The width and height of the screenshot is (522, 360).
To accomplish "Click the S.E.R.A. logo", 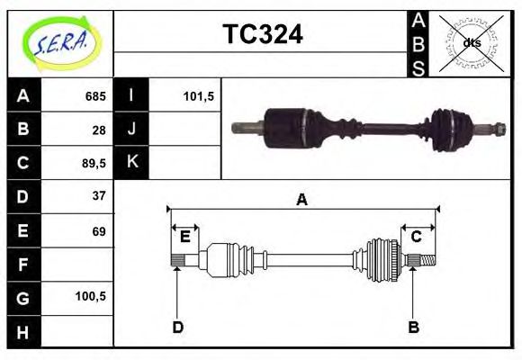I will click(x=59, y=42).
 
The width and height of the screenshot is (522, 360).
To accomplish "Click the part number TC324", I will click(x=262, y=34).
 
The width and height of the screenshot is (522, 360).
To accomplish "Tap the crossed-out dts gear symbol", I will click(x=472, y=42).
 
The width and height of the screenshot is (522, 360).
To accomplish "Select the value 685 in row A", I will click(x=95, y=96).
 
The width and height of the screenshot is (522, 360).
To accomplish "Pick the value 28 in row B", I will click(x=99, y=130).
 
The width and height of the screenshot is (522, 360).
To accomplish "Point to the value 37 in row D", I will click(x=99, y=196).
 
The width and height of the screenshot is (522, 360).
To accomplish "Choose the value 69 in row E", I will click(x=99, y=230).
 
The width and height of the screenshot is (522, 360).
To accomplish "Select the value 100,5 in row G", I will click(x=94, y=296).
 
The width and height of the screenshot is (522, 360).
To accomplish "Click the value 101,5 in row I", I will click(x=197, y=96).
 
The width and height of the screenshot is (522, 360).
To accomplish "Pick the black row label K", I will click(x=131, y=163).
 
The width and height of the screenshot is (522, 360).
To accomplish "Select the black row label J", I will click(x=131, y=130).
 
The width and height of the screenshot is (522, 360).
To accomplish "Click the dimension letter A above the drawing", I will click(x=302, y=200).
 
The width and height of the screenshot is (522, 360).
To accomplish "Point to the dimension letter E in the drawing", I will click(x=184, y=237).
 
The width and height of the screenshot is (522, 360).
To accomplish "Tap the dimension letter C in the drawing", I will click(x=417, y=237).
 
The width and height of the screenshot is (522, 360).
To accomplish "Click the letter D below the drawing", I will click(x=177, y=327).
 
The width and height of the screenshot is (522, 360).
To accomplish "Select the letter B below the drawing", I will click(x=414, y=327).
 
